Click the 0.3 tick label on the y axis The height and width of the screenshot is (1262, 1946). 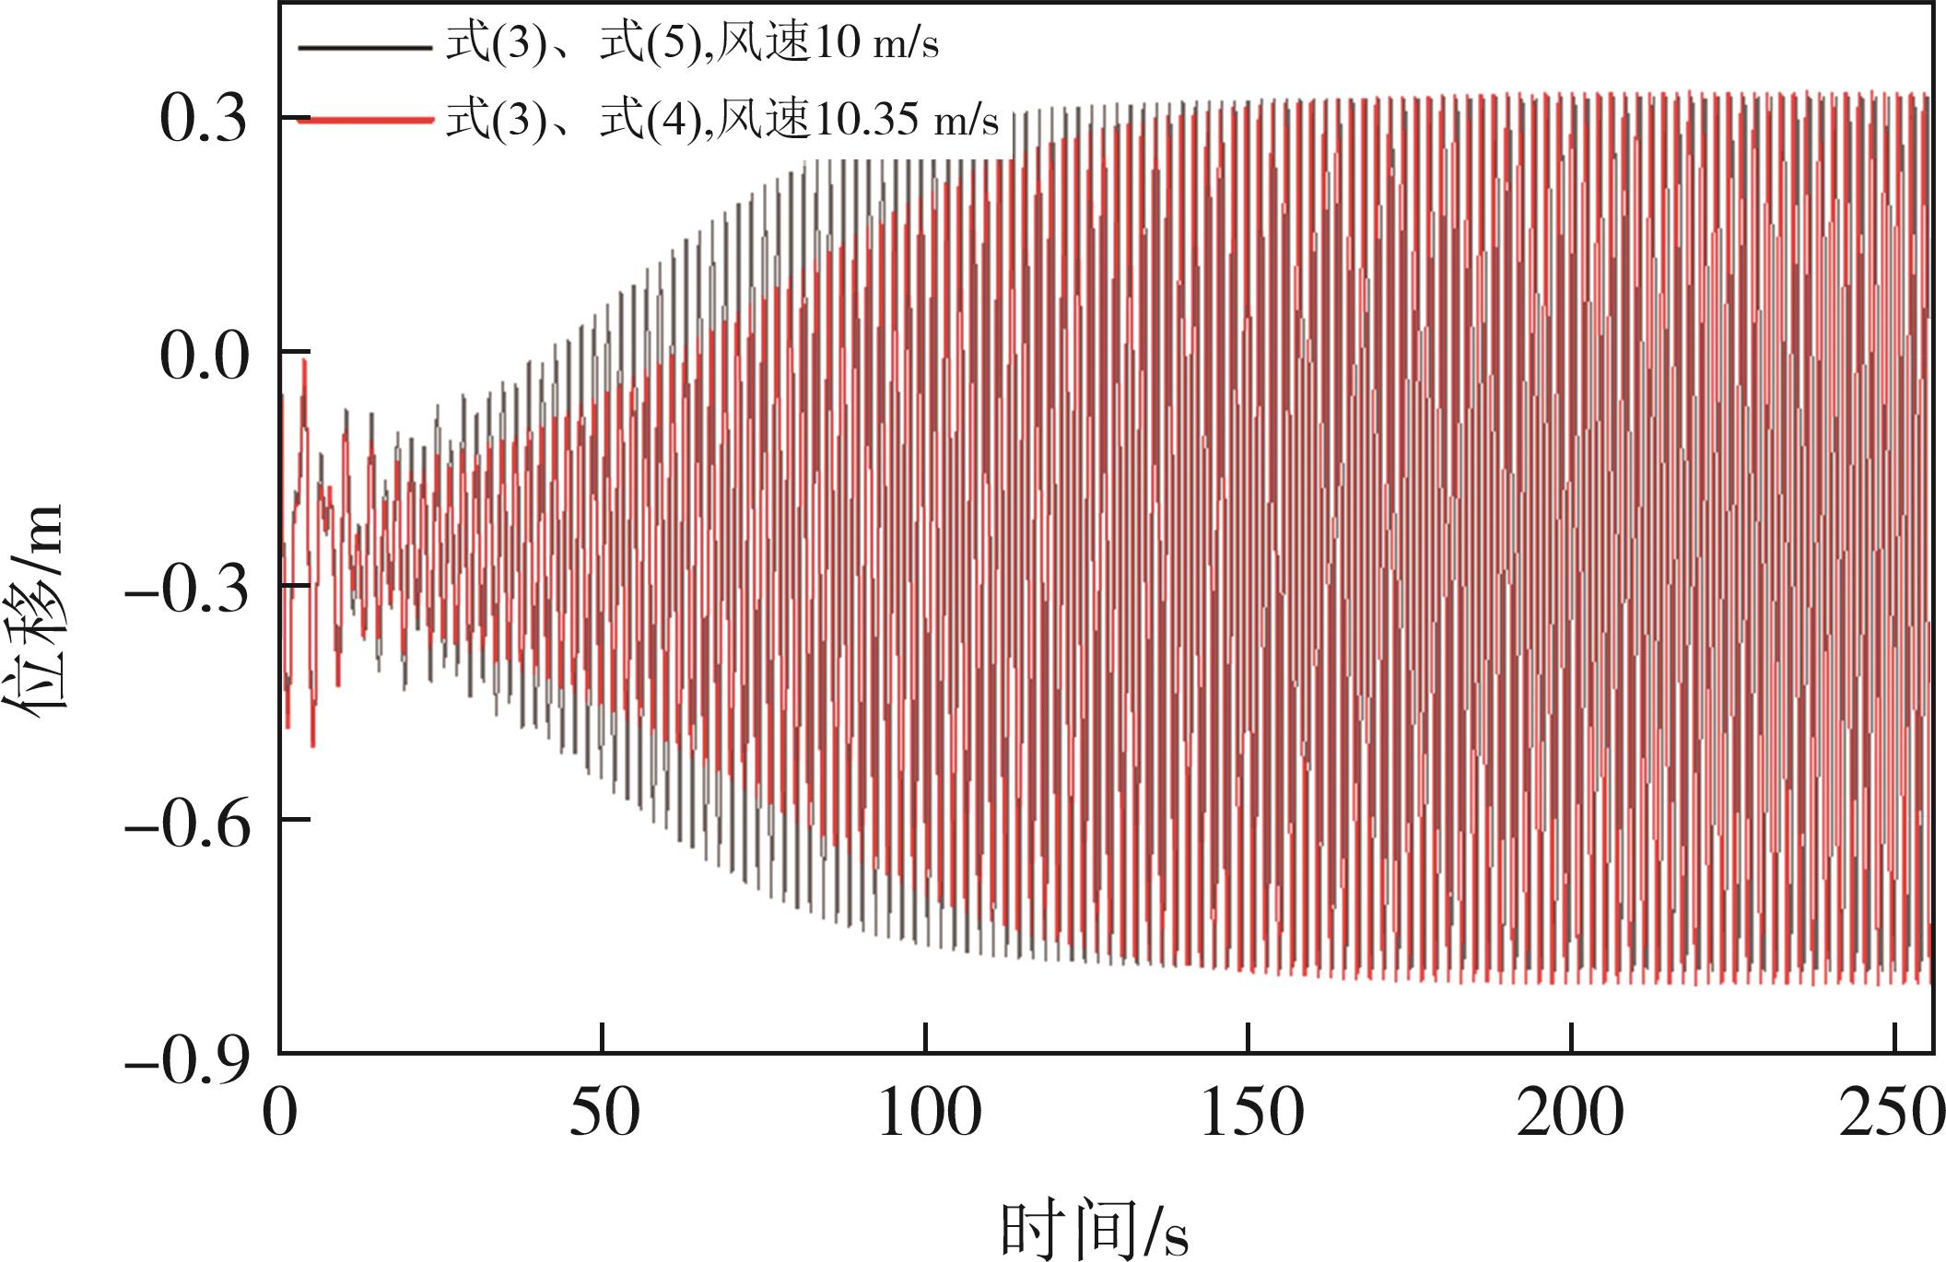[205, 119]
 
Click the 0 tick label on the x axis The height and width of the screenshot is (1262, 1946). [279, 1114]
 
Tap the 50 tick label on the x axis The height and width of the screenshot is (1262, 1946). [604, 1114]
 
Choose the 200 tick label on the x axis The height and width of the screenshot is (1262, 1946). [1570, 1114]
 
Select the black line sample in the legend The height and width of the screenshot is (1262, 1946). [366, 46]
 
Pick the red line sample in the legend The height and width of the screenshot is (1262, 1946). [366, 119]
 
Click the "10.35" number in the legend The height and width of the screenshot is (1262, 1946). [866, 121]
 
